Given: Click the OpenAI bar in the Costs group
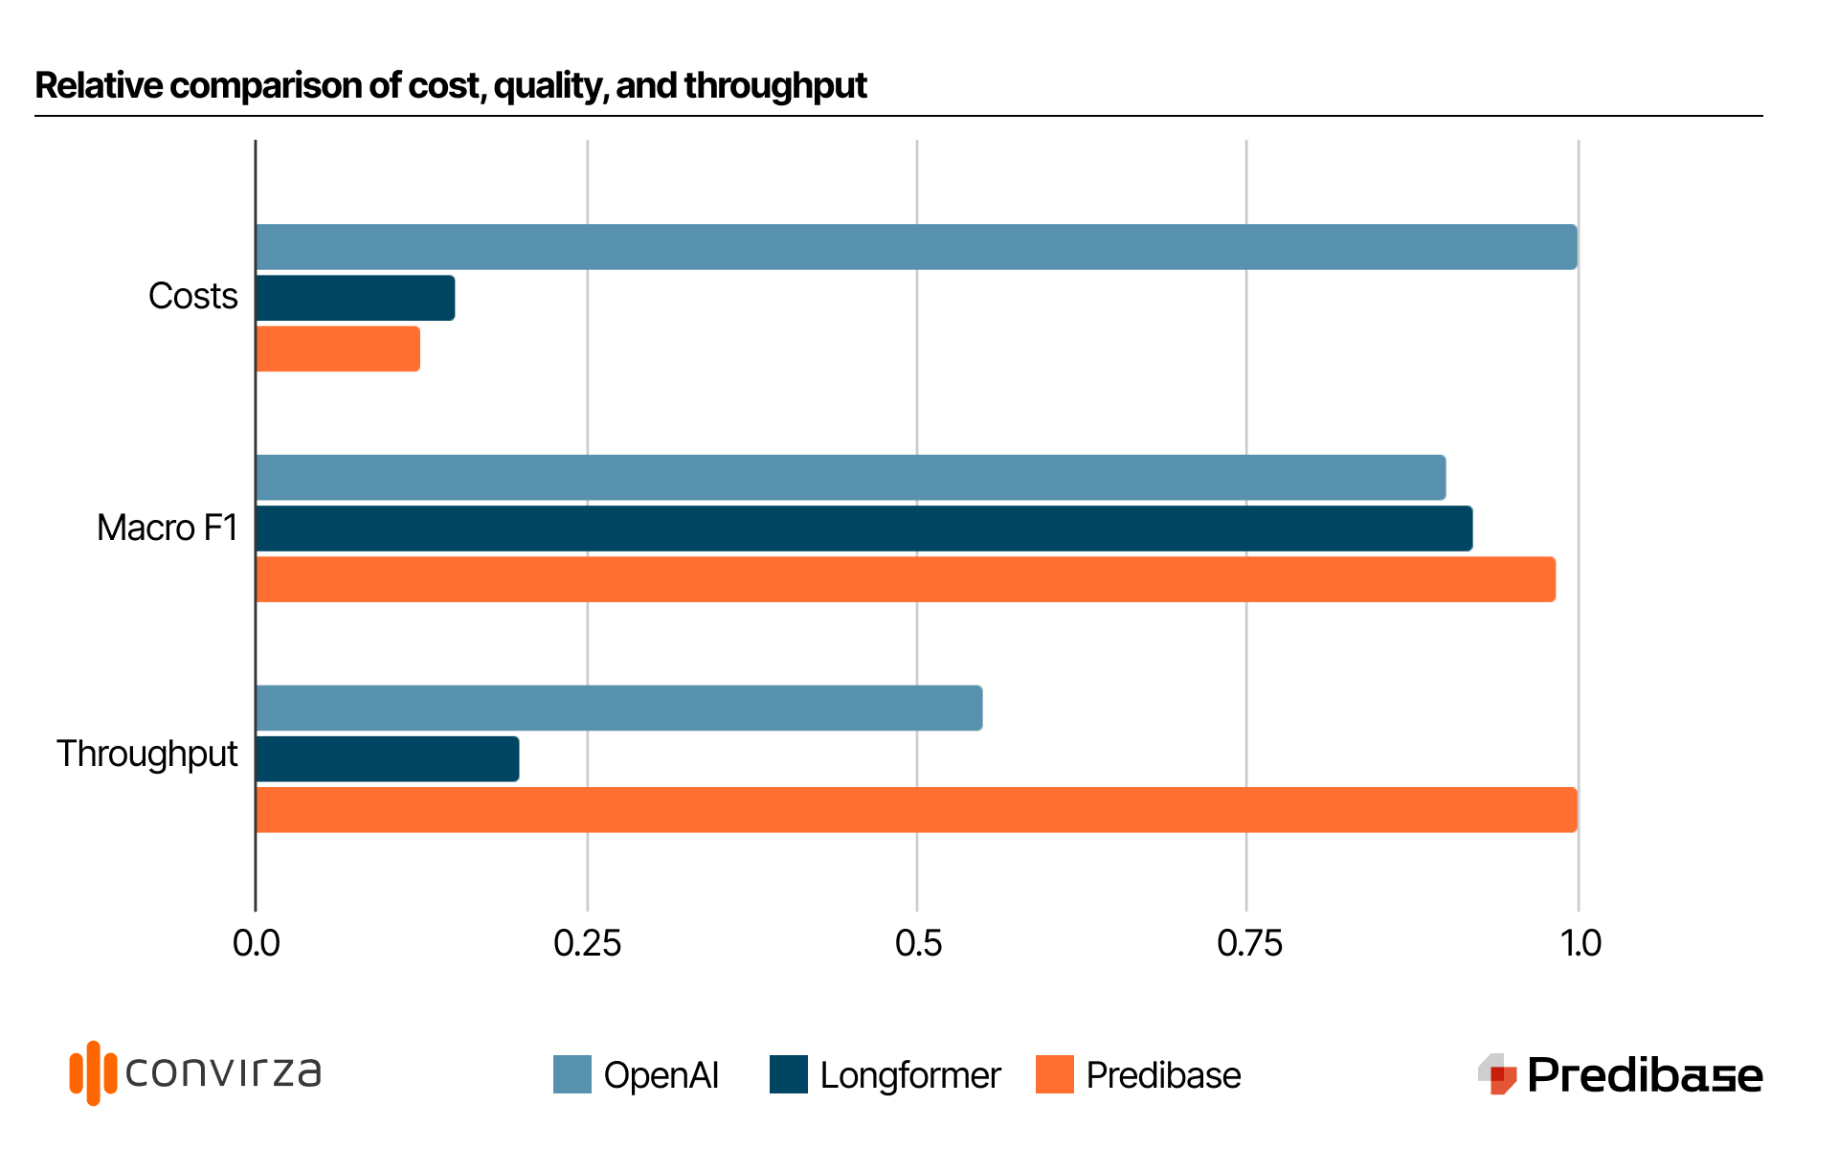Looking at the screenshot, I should pos(916,247).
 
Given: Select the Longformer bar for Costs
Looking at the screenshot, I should pos(355,298).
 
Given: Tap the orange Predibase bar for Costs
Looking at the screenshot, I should pos(338,349).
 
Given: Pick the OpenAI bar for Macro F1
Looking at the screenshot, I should pos(850,478).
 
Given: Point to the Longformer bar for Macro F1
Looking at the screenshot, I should pos(863,529).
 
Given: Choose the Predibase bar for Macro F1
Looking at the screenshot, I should pos(905,579).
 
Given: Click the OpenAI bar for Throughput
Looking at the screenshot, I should pos(618,708).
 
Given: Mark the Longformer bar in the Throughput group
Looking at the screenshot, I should pos(387,758).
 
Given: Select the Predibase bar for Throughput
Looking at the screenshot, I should pos(916,809).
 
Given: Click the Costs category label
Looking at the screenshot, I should pos(192,296).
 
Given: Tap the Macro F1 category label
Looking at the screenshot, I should pos(167,528).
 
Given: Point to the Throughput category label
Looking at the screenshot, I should pos(146,754).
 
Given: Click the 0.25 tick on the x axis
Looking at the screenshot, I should pos(587,943).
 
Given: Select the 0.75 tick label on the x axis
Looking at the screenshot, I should pos(1248,943).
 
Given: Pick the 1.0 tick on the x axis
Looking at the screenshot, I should pos(1580,943).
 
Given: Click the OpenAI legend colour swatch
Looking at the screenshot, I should pos(572,1074).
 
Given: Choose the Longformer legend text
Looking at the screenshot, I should pos(909,1075).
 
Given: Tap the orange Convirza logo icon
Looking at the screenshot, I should pos(93,1072).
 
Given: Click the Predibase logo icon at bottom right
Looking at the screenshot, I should pos(1497,1074).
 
